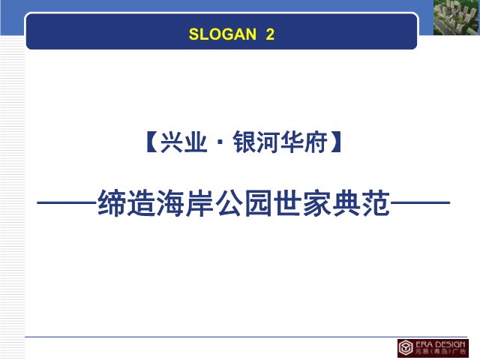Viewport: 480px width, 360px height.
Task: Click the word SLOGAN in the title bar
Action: pyautogui.click(x=223, y=34)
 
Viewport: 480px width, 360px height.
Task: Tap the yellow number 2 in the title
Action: pyautogui.click(x=270, y=34)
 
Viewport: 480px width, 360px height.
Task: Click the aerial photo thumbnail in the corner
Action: pyautogui.click(x=457, y=17)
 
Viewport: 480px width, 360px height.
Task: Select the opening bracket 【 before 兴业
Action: pyautogui.click(x=151, y=142)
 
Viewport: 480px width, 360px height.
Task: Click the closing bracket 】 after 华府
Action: pyautogui.click(x=336, y=142)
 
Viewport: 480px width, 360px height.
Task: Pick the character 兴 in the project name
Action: pyautogui.click(x=172, y=142)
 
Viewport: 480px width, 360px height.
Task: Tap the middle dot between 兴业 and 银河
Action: pyautogui.click(x=220, y=142)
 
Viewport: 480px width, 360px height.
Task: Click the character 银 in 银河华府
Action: pyautogui.click(x=244, y=142)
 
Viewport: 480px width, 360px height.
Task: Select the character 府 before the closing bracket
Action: pyautogui.click(x=316, y=142)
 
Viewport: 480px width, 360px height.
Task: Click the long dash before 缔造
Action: pyautogui.click(x=67, y=202)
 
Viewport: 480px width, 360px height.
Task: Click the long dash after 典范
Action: pyautogui.click(x=420, y=202)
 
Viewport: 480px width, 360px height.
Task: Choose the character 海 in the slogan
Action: pyautogui.click(x=170, y=203)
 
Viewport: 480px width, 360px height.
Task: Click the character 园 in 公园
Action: pyautogui.click(x=258, y=203)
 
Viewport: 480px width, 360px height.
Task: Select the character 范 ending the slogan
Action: pyautogui.click(x=376, y=203)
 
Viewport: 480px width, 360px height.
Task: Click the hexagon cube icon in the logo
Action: pyautogui.click(x=406, y=348)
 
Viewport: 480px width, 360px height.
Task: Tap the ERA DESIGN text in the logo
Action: pyautogui.click(x=440, y=344)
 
